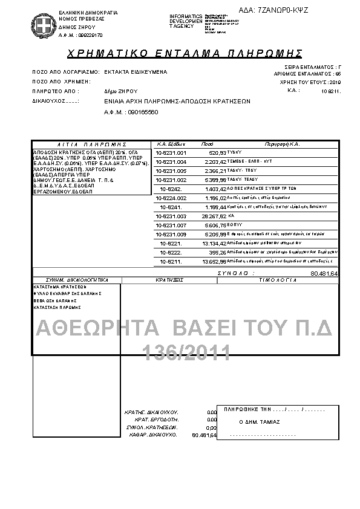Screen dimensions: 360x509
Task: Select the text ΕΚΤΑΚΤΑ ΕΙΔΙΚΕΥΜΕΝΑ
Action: click(x=136, y=71)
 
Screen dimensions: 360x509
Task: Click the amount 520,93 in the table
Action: click(x=217, y=152)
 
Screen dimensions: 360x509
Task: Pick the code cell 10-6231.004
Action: click(x=171, y=161)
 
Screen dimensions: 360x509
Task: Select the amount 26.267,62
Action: click(x=214, y=216)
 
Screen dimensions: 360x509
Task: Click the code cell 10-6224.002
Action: click(x=171, y=198)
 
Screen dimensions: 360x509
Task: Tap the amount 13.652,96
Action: click(x=214, y=261)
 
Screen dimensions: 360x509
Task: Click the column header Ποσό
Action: click(x=207, y=144)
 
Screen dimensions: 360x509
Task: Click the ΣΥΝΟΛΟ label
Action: click(x=232, y=273)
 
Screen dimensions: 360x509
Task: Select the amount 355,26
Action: click(x=217, y=252)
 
